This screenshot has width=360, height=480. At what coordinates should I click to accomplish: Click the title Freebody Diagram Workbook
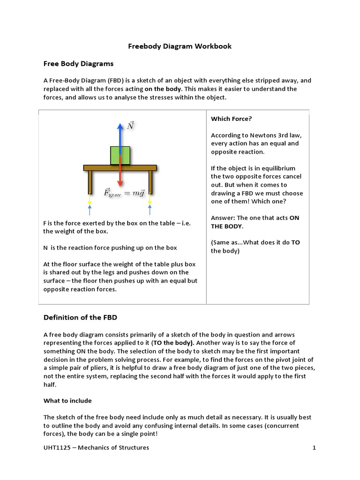click(x=180, y=46)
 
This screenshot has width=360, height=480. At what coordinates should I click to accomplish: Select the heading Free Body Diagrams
click(x=78, y=63)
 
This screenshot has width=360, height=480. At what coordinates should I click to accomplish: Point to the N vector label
click(x=131, y=126)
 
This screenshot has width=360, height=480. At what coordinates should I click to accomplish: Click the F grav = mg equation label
click(x=124, y=192)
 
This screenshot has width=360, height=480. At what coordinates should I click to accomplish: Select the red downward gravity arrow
click(x=120, y=176)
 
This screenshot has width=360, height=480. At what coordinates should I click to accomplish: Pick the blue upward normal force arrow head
click(x=120, y=126)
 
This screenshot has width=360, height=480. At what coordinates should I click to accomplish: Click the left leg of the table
click(x=89, y=182)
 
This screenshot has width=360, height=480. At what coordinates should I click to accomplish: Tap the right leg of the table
click(x=150, y=182)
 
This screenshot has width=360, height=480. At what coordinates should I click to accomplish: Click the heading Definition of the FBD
click(x=80, y=317)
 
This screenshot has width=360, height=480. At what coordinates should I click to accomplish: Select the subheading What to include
click(x=67, y=401)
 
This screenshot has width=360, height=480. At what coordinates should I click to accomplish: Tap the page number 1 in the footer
click(x=315, y=448)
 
